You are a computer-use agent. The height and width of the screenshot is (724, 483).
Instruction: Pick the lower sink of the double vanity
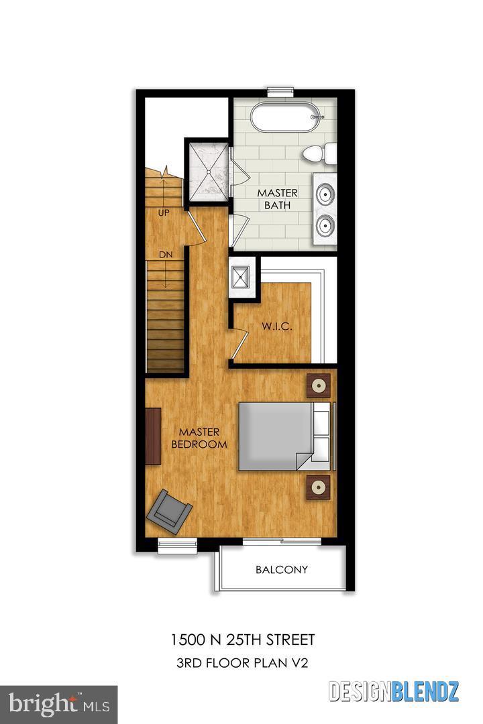click(326, 225)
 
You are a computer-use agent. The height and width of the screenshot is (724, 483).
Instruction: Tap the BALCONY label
click(282, 570)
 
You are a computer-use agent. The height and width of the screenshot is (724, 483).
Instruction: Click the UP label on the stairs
click(163, 213)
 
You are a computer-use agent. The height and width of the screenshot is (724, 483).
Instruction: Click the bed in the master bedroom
click(282, 436)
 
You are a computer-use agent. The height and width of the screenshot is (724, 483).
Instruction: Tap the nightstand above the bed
click(319, 385)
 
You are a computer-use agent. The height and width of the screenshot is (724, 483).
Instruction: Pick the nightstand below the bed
click(319, 486)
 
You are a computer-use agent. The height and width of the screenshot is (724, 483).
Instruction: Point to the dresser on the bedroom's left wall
click(154, 436)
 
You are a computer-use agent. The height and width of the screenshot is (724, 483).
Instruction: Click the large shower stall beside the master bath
click(207, 170)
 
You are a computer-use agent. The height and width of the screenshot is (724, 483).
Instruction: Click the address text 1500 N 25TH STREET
click(241, 640)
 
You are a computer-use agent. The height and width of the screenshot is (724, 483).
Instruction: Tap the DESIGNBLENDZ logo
click(394, 690)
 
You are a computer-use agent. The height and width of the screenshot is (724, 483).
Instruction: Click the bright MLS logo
click(59, 704)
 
